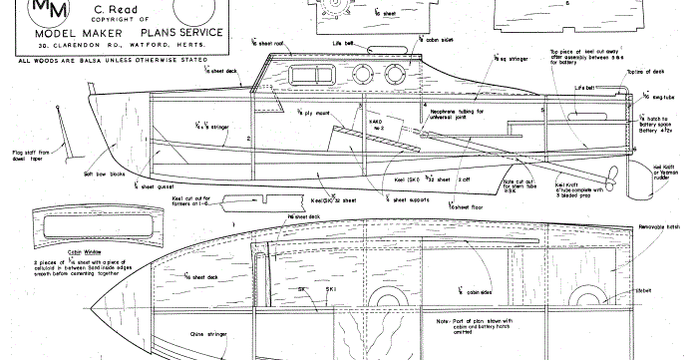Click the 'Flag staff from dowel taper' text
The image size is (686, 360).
pyautogui.click(x=40, y=157)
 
